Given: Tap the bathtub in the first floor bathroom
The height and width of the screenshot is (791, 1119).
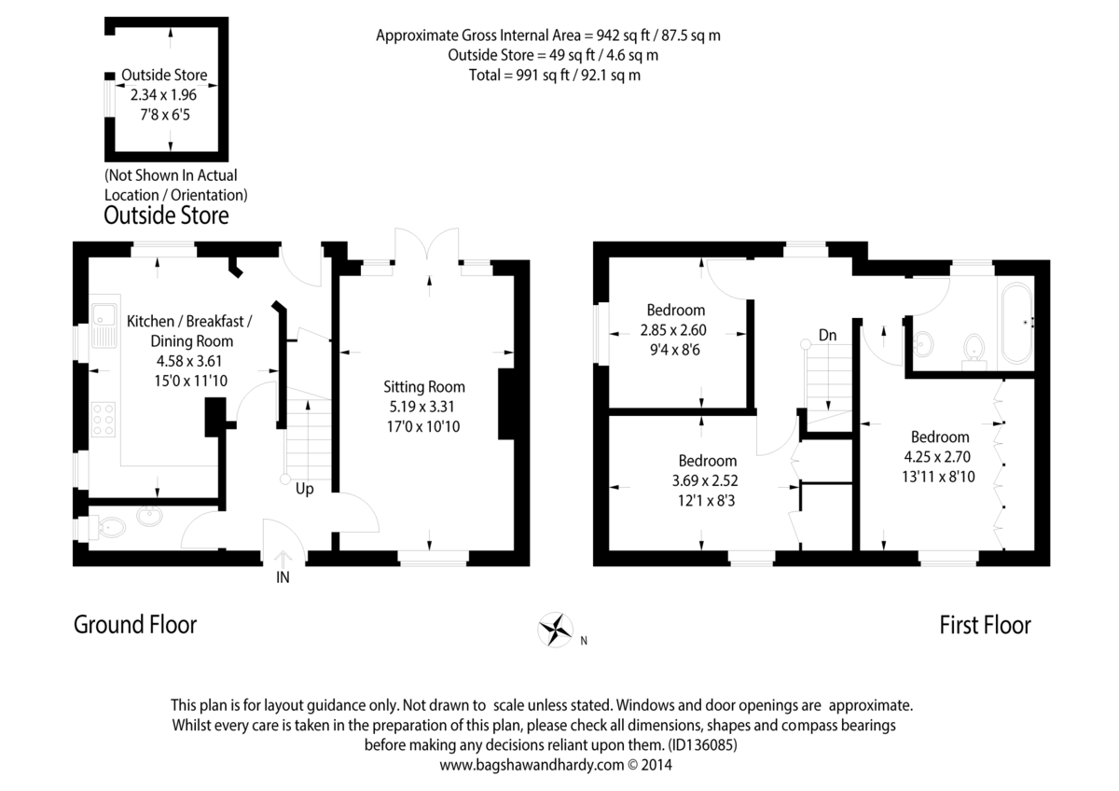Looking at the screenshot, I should (1015, 322).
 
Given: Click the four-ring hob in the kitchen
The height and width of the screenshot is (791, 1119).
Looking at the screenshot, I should (104, 419).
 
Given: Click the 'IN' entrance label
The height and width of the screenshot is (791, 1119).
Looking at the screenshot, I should (283, 577).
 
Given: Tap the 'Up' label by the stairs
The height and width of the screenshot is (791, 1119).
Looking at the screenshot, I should (304, 488).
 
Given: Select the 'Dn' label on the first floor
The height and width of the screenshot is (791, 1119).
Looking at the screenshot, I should (827, 334).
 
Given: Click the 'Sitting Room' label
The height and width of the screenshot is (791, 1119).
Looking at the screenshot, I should (424, 387).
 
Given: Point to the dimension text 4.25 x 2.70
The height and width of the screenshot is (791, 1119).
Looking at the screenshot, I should (940, 457).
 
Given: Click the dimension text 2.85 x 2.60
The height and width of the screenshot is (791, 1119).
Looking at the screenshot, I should (675, 329).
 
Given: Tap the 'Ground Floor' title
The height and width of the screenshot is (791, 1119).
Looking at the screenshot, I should (135, 624).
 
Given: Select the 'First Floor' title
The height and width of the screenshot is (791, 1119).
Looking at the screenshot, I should (985, 625).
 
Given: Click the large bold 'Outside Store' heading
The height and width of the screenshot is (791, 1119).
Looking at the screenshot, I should (166, 216).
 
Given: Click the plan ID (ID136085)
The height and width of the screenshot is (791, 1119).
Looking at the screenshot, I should (704, 745).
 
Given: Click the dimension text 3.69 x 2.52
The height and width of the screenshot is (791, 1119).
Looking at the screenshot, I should (707, 480).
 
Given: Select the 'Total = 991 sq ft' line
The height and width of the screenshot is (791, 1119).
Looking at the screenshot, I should (554, 75).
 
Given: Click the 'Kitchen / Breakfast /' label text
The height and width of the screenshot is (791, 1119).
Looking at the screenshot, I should (189, 321).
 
